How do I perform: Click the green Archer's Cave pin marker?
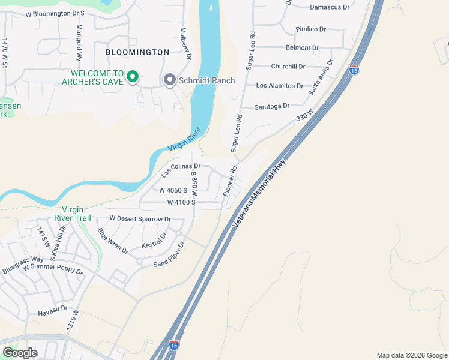click(x=133, y=77)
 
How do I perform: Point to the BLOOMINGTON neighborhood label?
click(x=137, y=52)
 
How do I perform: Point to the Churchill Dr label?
click(x=288, y=67)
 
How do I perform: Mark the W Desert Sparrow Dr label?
click(x=140, y=219)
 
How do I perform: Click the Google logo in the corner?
click(x=20, y=352)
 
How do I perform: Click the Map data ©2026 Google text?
click(x=411, y=355)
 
